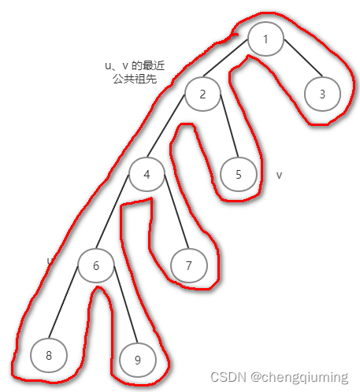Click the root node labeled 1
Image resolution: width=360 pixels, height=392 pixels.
pyautogui.click(x=266, y=39)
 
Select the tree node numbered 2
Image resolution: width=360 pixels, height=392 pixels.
pyautogui.click(x=202, y=94)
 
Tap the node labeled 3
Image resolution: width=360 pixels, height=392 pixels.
pyautogui.click(x=322, y=94)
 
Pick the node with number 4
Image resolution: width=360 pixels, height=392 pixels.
pyautogui.click(x=147, y=175)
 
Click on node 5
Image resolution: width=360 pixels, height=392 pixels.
pyautogui.click(x=239, y=175)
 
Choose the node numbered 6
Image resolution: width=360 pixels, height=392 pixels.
pyautogui.click(x=96, y=266)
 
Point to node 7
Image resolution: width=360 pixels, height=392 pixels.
pyautogui.click(x=188, y=266)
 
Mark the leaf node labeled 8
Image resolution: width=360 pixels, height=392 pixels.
pyautogui.click(x=49, y=356)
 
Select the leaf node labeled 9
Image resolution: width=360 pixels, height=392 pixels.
pyautogui.click(x=137, y=360)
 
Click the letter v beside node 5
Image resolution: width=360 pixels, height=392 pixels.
pyautogui.click(x=280, y=175)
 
